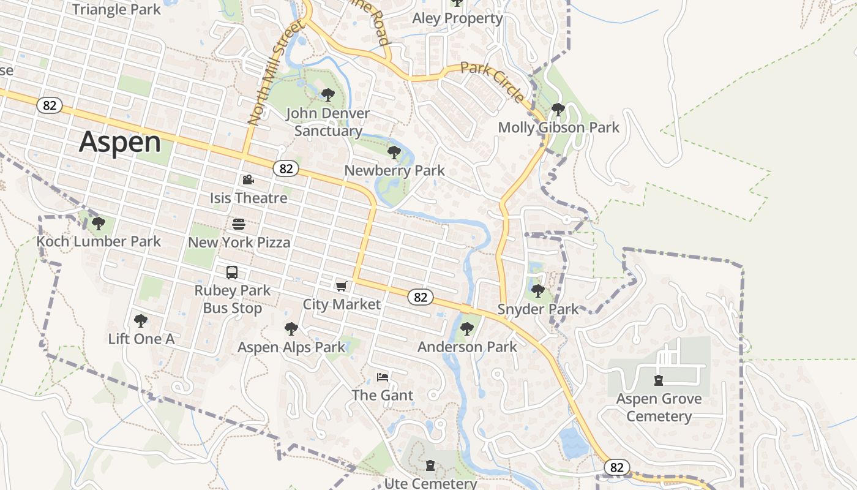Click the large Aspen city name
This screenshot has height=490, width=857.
point(120,142)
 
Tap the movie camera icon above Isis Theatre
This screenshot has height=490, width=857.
point(248,180)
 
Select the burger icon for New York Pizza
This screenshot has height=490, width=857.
point(239,224)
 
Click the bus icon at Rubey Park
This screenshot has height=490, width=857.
point(232,273)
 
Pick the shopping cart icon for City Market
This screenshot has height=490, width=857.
point(342,287)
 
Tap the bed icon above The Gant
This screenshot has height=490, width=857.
point(383,377)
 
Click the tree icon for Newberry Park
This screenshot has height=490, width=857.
point(394,153)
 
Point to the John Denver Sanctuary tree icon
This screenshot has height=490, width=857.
point(327,95)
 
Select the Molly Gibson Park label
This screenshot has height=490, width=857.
point(558,128)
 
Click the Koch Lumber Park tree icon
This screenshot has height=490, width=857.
point(98,224)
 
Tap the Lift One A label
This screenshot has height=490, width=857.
point(141,339)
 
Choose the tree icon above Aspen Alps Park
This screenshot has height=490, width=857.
point(291,329)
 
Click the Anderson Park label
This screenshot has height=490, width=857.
point(467,347)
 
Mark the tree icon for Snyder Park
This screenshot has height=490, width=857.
point(537,291)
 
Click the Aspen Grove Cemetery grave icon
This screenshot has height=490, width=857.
point(659,380)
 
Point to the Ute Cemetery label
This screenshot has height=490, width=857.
point(430,483)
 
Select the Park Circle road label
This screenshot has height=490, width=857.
point(492,82)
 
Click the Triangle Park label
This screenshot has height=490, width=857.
point(116,9)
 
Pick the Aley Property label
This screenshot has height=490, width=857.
point(457,18)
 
